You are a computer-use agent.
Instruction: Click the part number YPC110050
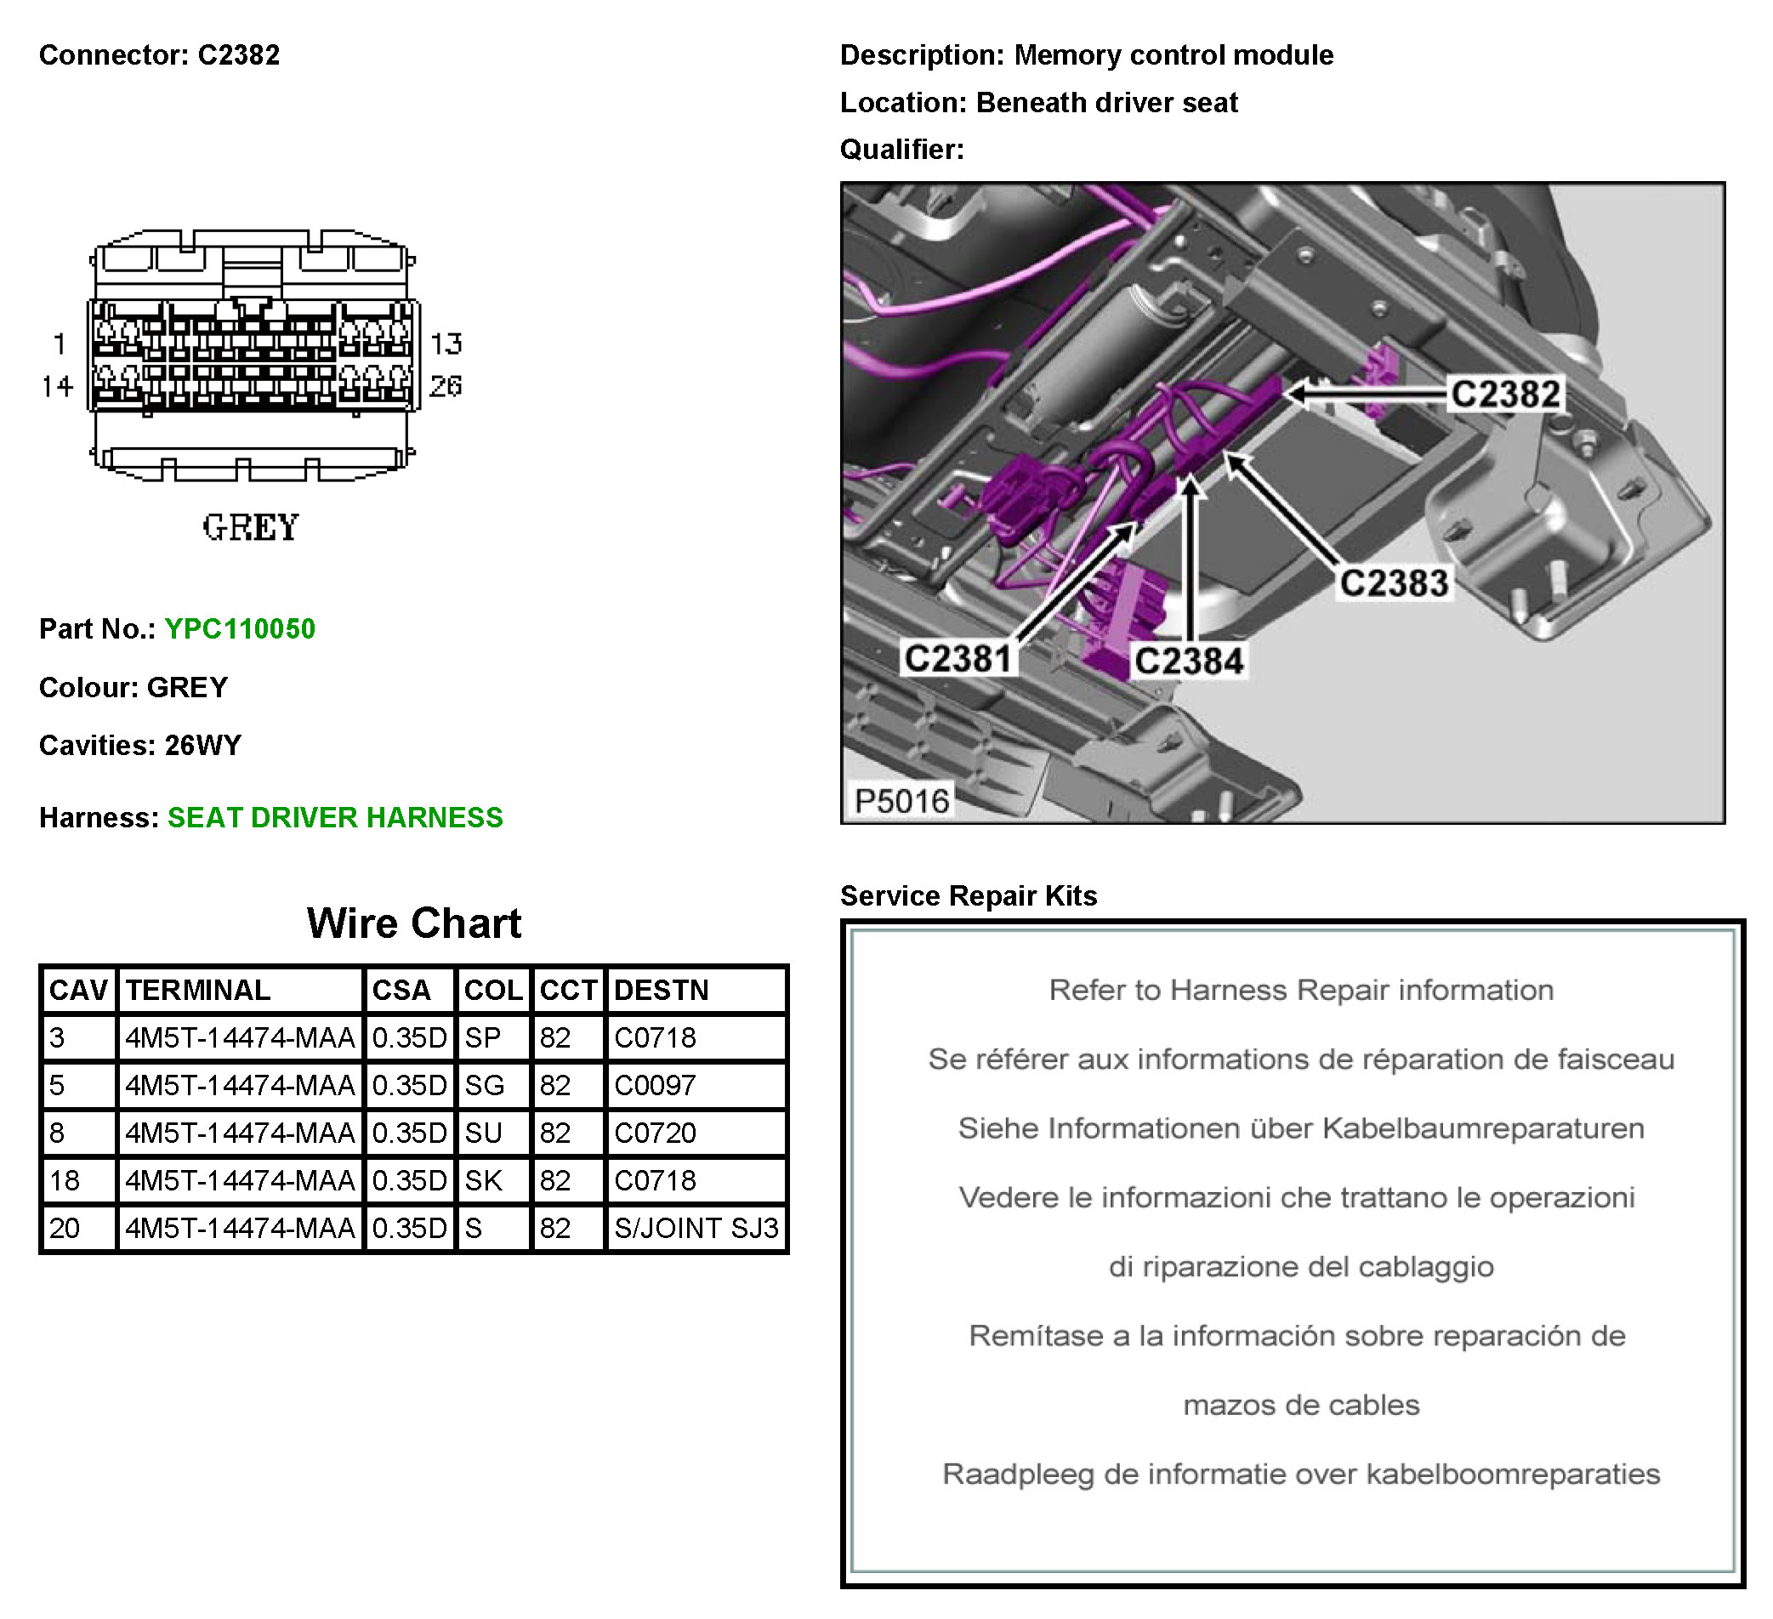tap(239, 628)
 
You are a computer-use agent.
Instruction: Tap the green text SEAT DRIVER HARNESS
tap(335, 818)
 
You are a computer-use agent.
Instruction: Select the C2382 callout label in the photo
tap(1505, 394)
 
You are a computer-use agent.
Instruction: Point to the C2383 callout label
tap(1393, 583)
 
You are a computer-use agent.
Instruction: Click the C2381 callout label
tap(958, 659)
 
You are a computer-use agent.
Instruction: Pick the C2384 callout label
tap(1189, 662)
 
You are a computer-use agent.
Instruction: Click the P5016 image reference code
tap(901, 801)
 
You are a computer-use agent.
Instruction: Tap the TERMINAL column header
tap(198, 991)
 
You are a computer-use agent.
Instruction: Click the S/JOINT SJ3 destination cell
tap(696, 1228)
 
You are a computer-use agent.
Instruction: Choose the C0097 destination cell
tap(654, 1085)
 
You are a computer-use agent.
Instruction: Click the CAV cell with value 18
tap(64, 1180)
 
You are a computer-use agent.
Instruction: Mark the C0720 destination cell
tap(654, 1133)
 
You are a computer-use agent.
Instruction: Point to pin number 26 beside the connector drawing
tap(446, 385)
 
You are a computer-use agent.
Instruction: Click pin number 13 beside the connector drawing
tap(446, 343)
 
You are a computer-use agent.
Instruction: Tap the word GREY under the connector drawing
tap(251, 528)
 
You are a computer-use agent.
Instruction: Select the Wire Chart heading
tap(413, 923)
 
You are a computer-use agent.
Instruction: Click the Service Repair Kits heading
tap(969, 895)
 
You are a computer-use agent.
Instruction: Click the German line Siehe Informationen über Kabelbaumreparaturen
tap(1301, 1128)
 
